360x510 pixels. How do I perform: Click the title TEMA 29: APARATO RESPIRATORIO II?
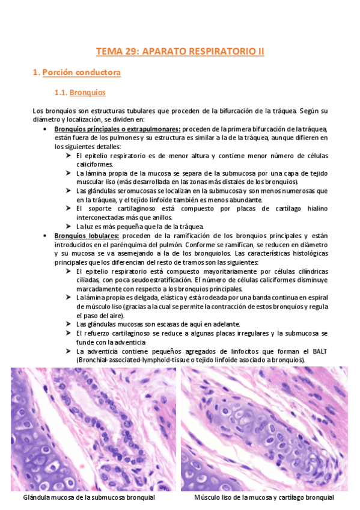[x=180, y=51]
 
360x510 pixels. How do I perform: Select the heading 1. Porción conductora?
[x=76, y=73]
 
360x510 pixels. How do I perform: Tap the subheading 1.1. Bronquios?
[x=80, y=93]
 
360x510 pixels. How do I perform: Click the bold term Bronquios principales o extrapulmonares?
[x=117, y=129]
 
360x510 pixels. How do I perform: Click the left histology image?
[x=93, y=429]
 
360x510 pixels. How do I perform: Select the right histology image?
[x=264, y=429]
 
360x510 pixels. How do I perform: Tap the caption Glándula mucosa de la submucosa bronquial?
[x=89, y=498]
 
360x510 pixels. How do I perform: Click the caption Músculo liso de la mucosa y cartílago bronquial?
[x=264, y=498]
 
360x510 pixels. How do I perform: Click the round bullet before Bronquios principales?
[x=46, y=129]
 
